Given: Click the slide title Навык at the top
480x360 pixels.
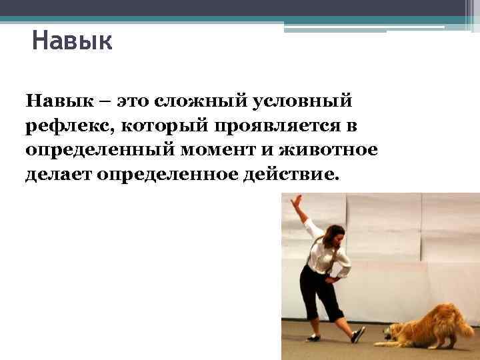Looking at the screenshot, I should (x=72, y=42).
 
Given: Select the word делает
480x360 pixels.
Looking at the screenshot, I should (x=58, y=174).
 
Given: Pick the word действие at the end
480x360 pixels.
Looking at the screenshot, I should (x=297, y=174).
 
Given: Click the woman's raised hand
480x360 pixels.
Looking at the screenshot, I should (x=297, y=200).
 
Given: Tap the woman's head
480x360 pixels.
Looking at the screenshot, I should (x=336, y=236).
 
